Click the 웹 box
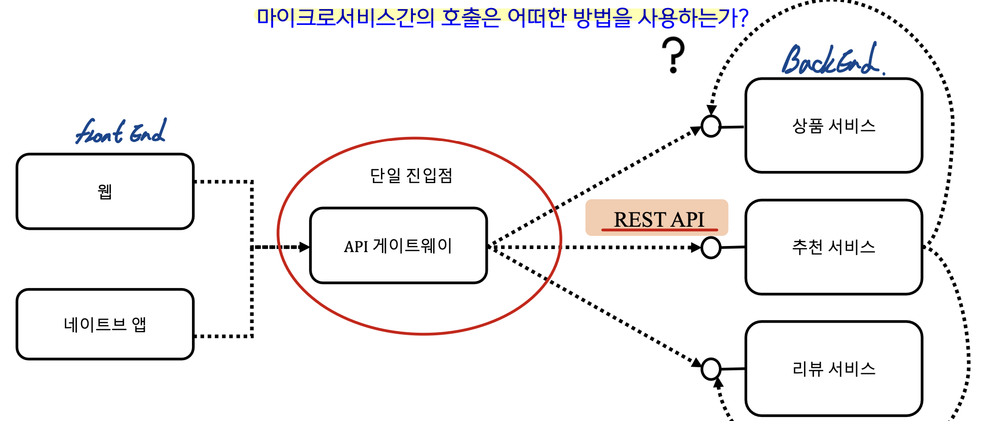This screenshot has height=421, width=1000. point(105,191)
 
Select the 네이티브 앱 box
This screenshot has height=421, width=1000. point(105,324)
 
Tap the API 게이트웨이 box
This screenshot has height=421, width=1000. point(398,245)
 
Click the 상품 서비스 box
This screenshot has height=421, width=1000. point(833,125)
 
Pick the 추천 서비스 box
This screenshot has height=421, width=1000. point(833,247)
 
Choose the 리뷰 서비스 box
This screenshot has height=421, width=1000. point(833,369)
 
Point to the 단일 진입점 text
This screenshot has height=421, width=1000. point(411,176)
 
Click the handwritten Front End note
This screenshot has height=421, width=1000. point(121,132)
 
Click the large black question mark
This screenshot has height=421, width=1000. point(673,55)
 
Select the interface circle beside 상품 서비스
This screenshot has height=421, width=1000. point(711,126)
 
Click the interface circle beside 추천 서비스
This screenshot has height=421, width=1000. point(711,248)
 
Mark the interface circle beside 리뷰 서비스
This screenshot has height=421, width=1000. point(711,369)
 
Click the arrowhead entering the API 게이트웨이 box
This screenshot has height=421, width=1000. point(304,247)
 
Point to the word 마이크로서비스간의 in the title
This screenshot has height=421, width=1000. point(345,17)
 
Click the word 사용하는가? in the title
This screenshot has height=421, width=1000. point(693,17)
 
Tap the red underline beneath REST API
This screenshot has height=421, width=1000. point(660,230)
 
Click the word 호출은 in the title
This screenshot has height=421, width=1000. point(471,17)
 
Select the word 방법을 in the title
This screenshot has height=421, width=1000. point(603,17)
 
